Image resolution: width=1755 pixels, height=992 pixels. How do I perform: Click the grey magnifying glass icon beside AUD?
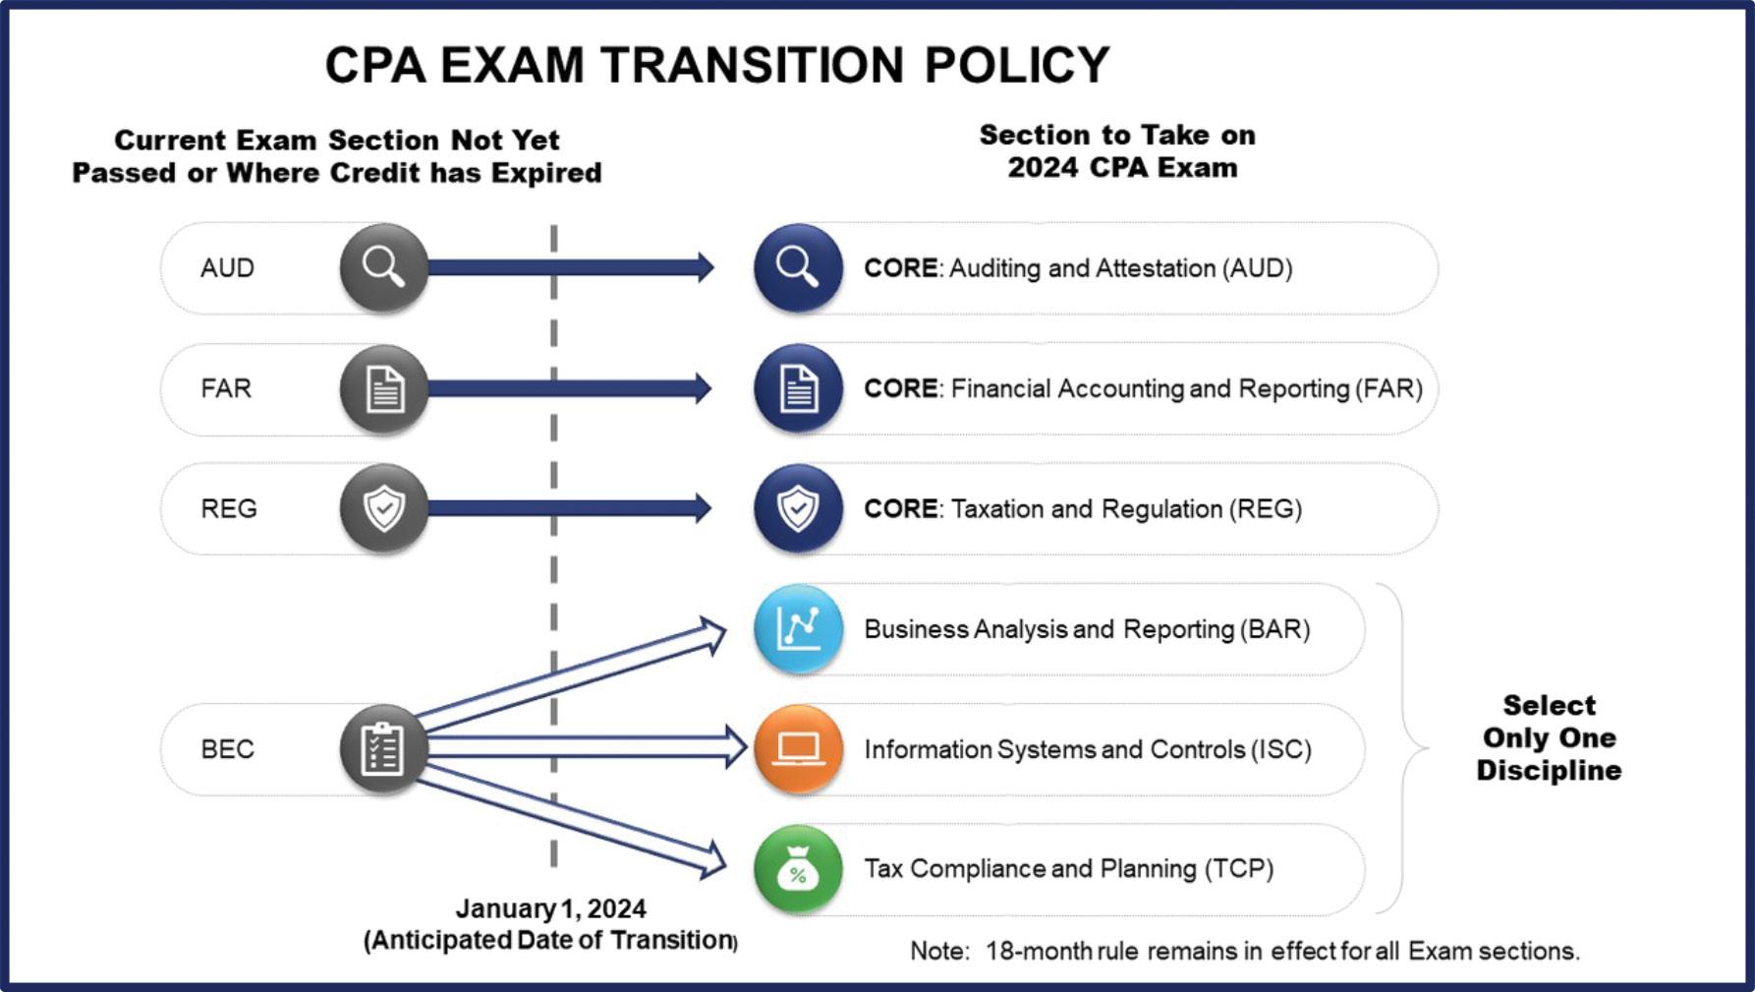[383, 267]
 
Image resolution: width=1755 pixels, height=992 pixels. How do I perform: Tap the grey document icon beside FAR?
[383, 388]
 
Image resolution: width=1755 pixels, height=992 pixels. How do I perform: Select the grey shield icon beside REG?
[383, 508]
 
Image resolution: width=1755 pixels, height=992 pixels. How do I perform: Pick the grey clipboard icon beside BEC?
[383, 749]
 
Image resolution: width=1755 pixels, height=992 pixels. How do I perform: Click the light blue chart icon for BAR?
[798, 628]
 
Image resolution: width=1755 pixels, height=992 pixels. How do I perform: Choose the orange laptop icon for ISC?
[798, 749]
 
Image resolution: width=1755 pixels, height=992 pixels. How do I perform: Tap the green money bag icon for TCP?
[798, 869]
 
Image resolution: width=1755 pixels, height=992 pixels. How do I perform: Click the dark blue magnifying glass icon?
[798, 267]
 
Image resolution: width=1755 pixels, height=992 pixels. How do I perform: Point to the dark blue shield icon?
[798, 508]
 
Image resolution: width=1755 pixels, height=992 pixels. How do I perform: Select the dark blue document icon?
[798, 388]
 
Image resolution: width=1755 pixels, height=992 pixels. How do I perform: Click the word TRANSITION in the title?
[752, 65]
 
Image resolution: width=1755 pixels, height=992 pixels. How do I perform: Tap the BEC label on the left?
[227, 749]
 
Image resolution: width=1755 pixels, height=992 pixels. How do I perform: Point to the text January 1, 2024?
[550, 908]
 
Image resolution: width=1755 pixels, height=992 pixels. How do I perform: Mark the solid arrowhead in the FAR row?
[702, 388]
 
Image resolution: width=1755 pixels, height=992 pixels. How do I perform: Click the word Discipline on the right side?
[1549, 770]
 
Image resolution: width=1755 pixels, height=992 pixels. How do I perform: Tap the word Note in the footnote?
[938, 951]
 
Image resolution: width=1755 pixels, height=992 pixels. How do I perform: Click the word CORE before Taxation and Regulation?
[900, 508]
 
